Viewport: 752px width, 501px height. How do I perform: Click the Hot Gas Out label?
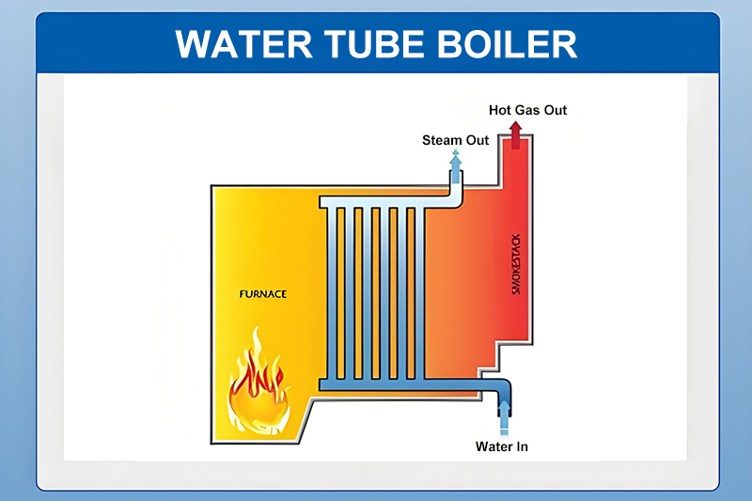tap(527, 110)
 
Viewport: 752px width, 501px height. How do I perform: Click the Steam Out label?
tap(455, 140)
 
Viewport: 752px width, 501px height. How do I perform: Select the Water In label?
tap(501, 446)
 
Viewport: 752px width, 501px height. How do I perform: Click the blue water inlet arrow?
tap(505, 415)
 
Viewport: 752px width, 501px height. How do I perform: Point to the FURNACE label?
tap(262, 294)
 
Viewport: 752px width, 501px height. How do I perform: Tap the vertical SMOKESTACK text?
tap(514, 262)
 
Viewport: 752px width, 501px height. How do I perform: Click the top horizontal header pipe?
tap(376, 202)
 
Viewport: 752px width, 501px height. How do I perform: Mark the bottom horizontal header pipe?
tap(376, 384)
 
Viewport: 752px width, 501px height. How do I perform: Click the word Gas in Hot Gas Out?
tap(529, 110)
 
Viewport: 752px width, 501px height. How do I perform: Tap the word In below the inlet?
tap(521, 446)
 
